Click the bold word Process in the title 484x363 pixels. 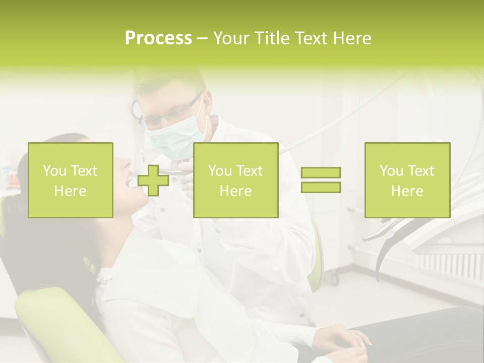(158, 38)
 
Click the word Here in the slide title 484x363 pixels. (351, 38)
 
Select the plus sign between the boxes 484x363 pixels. (153, 180)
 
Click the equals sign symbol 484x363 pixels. (321, 180)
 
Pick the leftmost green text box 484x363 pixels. (71, 180)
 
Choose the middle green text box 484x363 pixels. (235, 180)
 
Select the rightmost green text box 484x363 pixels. (407, 180)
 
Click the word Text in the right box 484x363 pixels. (421, 171)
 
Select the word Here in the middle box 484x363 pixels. (235, 191)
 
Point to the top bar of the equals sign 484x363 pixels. (321, 173)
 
